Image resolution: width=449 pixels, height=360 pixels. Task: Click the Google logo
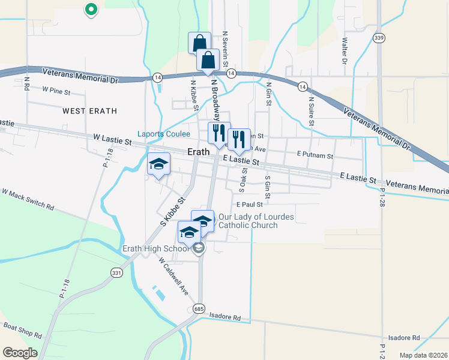(19, 353)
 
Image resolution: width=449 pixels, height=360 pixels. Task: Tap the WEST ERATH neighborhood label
(89, 111)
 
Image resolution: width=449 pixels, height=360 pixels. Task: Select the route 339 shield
(379, 38)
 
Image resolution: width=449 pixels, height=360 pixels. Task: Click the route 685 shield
(198, 307)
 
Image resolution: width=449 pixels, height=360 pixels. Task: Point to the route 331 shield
(116, 272)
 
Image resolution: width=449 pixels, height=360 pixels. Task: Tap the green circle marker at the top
(91, 9)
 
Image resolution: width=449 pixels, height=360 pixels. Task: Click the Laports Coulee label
(164, 134)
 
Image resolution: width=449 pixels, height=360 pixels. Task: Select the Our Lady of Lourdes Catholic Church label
(248, 221)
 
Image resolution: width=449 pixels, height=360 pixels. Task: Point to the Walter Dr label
(345, 51)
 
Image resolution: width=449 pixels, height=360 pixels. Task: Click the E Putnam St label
(315, 155)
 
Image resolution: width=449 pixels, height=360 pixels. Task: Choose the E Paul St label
(249, 205)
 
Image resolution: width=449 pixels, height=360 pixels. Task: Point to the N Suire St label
(311, 112)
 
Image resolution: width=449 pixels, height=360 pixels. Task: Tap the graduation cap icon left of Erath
(159, 164)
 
